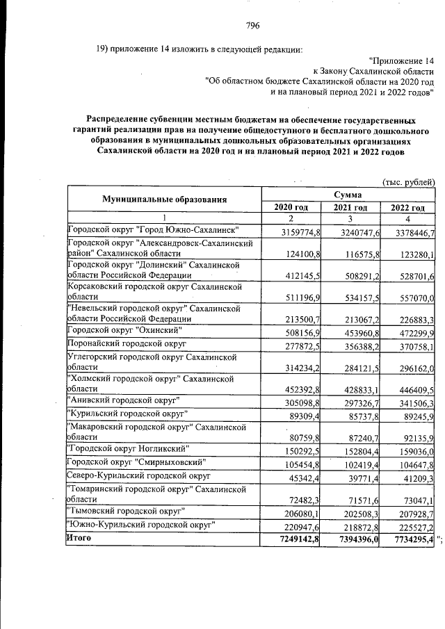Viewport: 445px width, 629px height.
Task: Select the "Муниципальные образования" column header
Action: pos(165,199)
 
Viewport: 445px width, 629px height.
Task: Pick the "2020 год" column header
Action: pos(291,207)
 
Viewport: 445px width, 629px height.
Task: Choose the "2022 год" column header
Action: pos(407,207)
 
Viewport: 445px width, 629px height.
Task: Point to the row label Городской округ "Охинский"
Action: pos(125,329)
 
